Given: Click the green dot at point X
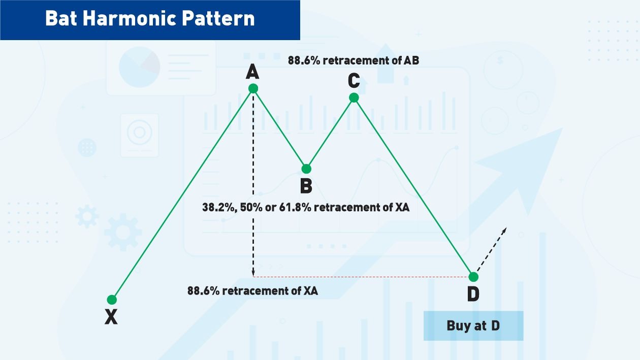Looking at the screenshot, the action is [x=112, y=300].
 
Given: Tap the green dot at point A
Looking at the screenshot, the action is [x=253, y=88].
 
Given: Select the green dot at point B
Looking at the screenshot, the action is [x=306, y=169].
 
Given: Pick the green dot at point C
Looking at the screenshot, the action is [x=354, y=97].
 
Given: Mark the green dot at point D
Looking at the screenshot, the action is [x=473, y=277].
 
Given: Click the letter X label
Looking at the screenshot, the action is [x=111, y=317].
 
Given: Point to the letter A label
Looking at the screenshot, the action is [x=252, y=72].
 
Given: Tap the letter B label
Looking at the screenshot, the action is [x=306, y=186].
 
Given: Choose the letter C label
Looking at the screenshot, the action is [x=354, y=81].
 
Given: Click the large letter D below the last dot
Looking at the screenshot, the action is [x=473, y=294].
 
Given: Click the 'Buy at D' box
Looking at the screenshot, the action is [x=473, y=325].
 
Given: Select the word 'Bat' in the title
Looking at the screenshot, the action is [x=61, y=18].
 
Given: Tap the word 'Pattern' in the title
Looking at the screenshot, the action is [x=218, y=18].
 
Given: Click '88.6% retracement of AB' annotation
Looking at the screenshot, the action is [x=354, y=60].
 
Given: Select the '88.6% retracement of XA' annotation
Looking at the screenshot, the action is [x=252, y=291].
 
